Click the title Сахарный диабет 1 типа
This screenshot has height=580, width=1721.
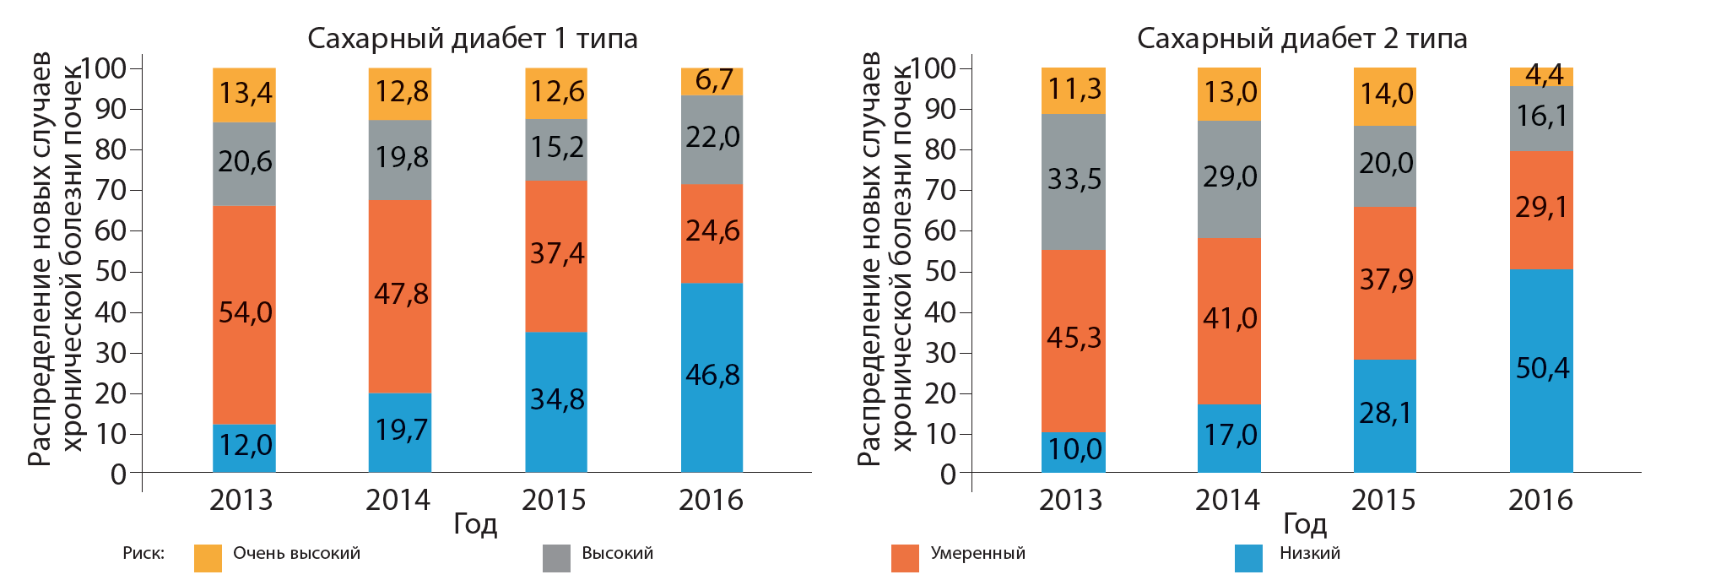pyautogui.click(x=472, y=39)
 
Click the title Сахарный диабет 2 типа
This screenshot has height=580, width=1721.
pyautogui.click(x=1302, y=39)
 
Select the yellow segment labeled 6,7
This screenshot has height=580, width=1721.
pyautogui.click(x=712, y=81)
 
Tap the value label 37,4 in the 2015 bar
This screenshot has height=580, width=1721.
pyautogui.click(x=556, y=254)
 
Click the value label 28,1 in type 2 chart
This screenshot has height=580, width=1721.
pyautogui.click(x=1385, y=414)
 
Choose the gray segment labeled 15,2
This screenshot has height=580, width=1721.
pyautogui.click(x=556, y=149)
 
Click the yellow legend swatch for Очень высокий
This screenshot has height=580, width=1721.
pyautogui.click(x=208, y=558)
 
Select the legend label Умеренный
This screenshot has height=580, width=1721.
pyautogui.click(x=977, y=554)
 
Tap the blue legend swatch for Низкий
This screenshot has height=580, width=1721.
pyautogui.click(x=1248, y=558)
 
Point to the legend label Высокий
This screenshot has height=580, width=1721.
pyautogui.click(x=617, y=554)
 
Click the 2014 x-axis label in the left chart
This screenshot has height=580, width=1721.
pyautogui.click(x=398, y=500)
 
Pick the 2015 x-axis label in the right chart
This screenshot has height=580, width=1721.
pyautogui.click(x=1383, y=500)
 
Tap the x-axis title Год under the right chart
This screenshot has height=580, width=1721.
pyautogui.click(x=1305, y=524)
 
